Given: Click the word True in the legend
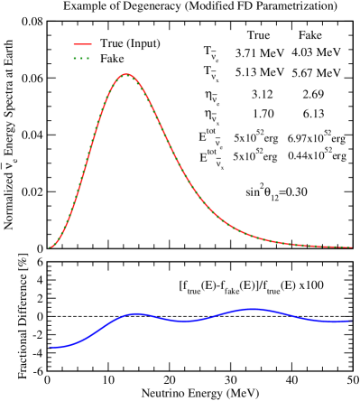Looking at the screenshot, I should point(111,43).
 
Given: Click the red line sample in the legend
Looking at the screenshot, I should point(82,43).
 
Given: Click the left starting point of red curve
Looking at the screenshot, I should point(50,247).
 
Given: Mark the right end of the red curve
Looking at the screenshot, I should point(351,247).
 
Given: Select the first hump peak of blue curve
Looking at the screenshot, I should point(135,313).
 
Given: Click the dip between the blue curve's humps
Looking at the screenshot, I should point(184,321).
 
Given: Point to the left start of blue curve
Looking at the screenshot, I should point(50,347).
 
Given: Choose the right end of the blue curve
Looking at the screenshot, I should point(351,321).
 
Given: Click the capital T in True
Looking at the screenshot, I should point(103,43).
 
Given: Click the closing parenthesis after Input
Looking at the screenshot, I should point(159,43).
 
